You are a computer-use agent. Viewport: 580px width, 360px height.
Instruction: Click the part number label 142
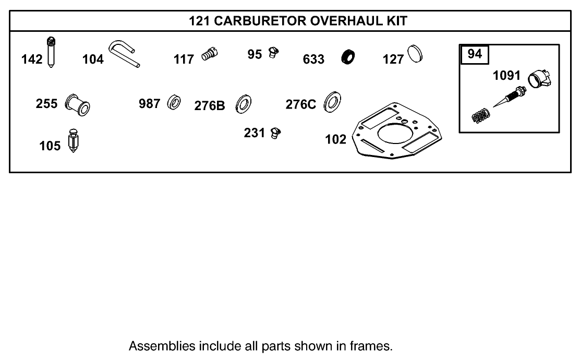(32, 59)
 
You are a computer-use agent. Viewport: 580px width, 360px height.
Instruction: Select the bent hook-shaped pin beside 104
(124, 54)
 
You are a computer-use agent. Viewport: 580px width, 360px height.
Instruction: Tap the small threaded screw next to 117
(209, 54)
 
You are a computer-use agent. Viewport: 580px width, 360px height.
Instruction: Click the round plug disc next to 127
(416, 54)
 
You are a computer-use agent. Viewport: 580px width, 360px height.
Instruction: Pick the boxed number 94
(475, 54)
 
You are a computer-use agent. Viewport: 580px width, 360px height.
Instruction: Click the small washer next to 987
(174, 103)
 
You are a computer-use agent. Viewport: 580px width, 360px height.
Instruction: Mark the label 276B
(210, 105)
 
